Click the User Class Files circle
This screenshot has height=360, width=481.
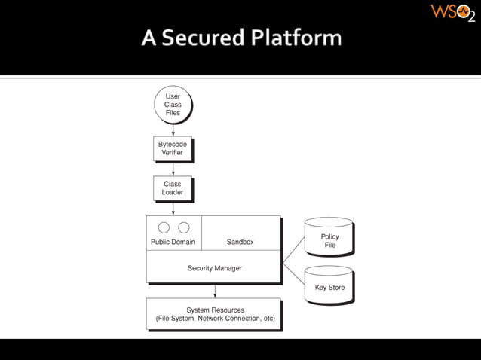tap(173, 105)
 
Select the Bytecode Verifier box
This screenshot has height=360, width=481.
tap(172, 148)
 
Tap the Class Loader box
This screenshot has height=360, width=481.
tap(172, 188)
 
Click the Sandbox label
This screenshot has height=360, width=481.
tap(240, 242)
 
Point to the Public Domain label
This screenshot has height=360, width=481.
tap(173, 242)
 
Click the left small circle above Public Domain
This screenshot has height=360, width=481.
tap(163, 227)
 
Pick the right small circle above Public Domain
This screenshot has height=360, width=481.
tap(183, 227)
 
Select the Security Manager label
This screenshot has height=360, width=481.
tap(215, 268)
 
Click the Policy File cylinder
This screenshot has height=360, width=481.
tap(329, 240)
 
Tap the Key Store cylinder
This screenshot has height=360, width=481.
tap(329, 286)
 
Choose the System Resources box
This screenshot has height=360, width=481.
tap(215, 314)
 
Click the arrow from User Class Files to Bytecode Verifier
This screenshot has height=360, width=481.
tap(173, 130)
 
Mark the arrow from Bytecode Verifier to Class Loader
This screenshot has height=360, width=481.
tap(173, 169)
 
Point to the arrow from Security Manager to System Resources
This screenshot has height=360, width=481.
tap(215, 291)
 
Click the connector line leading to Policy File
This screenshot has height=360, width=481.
tap(293, 251)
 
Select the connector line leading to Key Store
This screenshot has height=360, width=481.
tap(293, 273)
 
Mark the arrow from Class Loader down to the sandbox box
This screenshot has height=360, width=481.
tap(173, 209)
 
